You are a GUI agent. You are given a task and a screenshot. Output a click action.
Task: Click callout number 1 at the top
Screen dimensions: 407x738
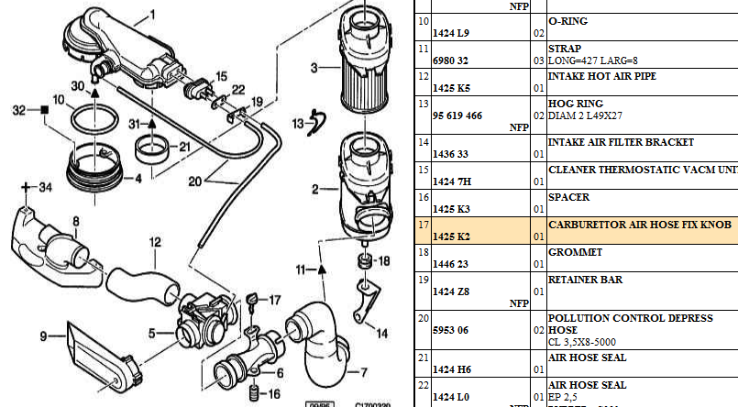tap(152, 13)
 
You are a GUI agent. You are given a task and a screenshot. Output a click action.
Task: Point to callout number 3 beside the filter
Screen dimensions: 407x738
tap(314, 68)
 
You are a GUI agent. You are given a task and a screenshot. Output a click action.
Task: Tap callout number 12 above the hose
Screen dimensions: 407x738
tap(156, 242)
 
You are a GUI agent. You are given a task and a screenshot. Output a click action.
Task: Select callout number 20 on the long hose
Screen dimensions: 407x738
tap(194, 181)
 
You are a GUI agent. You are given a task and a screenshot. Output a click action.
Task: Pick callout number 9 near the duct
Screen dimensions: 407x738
tap(42, 335)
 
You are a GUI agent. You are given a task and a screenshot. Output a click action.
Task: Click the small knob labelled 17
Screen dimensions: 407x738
tap(250, 299)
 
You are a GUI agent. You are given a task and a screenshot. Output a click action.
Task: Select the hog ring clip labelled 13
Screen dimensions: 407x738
tap(317, 119)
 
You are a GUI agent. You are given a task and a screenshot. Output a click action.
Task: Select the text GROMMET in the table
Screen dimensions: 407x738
tap(575, 251)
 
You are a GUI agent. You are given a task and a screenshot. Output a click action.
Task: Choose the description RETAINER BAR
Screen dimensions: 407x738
tap(585, 280)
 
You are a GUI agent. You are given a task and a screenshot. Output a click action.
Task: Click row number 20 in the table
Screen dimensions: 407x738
tap(424, 317)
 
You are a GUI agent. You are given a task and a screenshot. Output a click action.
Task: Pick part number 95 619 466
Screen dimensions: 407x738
tap(457, 116)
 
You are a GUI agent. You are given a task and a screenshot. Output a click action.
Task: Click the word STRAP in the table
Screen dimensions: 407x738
tap(564, 48)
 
